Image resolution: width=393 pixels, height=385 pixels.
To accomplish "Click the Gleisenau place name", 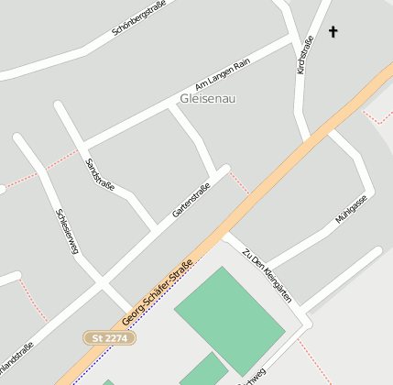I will pos(208,98).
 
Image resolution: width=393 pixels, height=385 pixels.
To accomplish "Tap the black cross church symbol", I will pos(333,33).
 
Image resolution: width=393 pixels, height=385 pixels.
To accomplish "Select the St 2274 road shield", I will pos(112,338).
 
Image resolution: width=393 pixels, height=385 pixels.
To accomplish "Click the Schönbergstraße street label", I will pos(138,18).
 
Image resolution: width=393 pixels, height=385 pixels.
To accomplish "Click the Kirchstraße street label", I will pos(306,52).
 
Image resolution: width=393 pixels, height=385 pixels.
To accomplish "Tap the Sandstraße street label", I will pos(100,174).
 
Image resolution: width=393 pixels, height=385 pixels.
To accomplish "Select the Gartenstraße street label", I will pos(191,201).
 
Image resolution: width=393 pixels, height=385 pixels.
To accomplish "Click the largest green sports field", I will pos(229,319).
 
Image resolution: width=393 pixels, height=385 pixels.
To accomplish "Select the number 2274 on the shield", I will pos(116,338).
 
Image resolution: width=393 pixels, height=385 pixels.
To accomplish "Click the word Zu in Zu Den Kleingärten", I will pos(246,253).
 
